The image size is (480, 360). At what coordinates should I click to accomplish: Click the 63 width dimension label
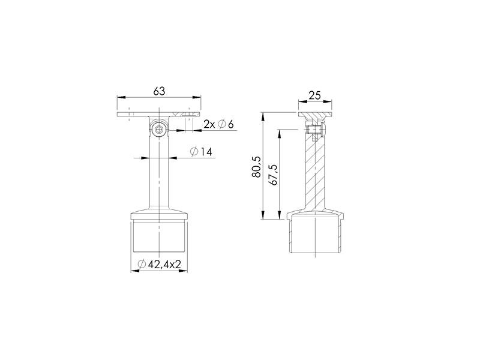click(x=159, y=91)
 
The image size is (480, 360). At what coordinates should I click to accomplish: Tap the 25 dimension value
click(x=314, y=95)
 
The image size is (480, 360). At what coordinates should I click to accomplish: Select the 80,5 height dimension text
click(x=257, y=167)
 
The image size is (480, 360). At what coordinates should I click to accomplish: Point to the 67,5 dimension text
click(x=272, y=175)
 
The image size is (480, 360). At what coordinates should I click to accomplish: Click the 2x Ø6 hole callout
click(x=218, y=124)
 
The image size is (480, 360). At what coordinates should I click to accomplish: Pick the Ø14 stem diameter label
click(x=201, y=152)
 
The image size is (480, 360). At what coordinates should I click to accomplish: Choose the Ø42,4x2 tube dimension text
click(x=159, y=264)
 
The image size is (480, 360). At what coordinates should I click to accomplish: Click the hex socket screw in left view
click(x=158, y=130)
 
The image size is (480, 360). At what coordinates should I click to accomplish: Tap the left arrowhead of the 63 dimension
click(x=121, y=97)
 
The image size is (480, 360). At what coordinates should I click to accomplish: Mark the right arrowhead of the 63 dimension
click(x=197, y=97)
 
